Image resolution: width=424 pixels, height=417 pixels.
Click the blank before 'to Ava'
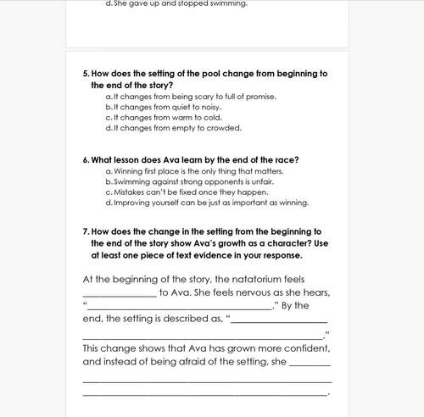120,293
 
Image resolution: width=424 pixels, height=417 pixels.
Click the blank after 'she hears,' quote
178,307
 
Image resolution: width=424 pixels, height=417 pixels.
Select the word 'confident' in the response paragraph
300,347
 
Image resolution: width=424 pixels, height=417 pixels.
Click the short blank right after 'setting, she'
310,363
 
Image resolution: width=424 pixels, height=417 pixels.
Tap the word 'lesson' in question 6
129,159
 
